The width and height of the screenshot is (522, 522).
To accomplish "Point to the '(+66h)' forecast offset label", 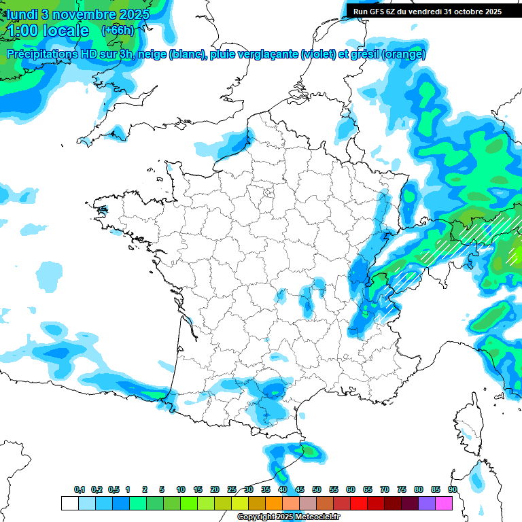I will [118, 31].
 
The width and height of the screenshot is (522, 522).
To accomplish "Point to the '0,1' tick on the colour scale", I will [80, 490].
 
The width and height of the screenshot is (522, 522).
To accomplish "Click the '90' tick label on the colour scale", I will [453, 490].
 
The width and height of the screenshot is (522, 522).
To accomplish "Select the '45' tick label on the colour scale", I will [300, 490].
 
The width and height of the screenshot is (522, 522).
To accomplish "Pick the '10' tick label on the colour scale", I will [181, 490].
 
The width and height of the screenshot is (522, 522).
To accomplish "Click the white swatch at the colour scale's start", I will [69, 503].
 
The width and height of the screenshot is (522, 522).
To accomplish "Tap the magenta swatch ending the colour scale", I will [445, 503].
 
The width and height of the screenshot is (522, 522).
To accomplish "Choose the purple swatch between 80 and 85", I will [428, 503].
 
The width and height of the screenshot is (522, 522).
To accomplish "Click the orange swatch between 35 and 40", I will [274, 503].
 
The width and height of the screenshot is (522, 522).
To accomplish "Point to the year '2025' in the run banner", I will [490, 11].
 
